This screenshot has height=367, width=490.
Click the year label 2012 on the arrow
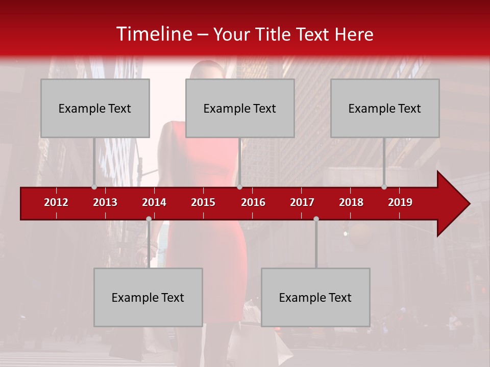[56, 202]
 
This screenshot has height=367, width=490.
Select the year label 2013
[105, 202]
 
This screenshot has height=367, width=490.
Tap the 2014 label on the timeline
[154, 202]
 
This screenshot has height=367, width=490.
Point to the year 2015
[203, 202]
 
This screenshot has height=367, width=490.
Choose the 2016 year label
[253, 202]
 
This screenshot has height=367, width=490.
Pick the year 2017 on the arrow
[302, 202]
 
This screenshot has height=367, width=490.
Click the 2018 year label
[351, 202]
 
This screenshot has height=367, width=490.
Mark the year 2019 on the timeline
[400, 202]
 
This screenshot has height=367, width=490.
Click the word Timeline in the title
[153, 34]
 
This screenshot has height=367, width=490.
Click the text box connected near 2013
[95, 108]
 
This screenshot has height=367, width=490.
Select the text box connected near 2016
[240, 108]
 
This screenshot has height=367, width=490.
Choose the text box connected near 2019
[385, 108]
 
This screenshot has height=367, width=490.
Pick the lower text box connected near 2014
[148, 297]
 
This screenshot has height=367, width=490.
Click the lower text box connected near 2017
[315, 297]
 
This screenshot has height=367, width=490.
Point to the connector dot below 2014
[149, 219]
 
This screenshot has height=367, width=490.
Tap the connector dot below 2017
[316, 219]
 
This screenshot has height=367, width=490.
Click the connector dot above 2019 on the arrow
[384, 187]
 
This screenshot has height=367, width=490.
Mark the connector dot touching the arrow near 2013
[94, 187]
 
